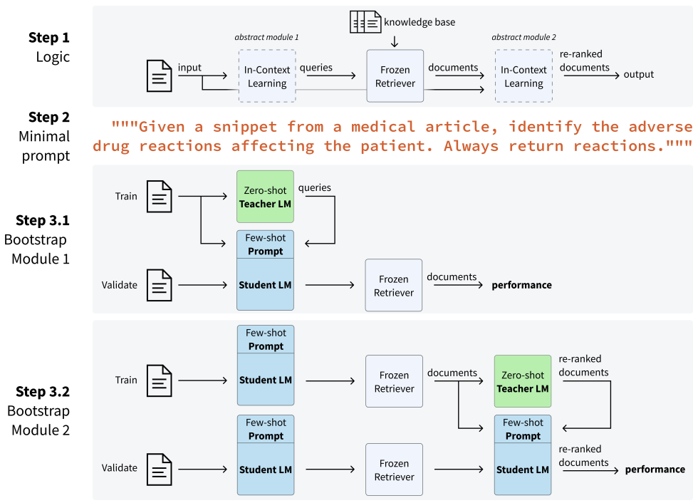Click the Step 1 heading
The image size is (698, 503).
[x=49, y=37]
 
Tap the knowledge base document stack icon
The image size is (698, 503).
[x=365, y=22]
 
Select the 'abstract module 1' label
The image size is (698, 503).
[x=266, y=37]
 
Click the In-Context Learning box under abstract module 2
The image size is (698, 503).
[x=523, y=76]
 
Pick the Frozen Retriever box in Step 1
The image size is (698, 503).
[x=395, y=76]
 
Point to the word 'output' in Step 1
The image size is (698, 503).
[x=638, y=74]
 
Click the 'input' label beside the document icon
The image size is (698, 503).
[x=189, y=68]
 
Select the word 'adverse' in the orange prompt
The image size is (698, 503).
[x=660, y=127]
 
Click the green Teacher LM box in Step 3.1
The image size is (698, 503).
[x=265, y=197]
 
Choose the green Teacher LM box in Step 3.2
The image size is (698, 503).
[x=523, y=382]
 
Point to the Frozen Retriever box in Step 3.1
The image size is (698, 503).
[x=394, y=286]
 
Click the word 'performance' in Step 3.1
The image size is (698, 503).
[x=521, y=285]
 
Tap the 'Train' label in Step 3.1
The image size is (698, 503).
[x=126, y=196]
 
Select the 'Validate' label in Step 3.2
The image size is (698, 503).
[x=120, y=468]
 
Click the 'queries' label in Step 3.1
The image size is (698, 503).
[x=314, y=187]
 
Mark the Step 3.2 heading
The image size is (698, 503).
[x=43, y=391]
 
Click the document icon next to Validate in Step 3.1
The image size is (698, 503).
[x=160, y=286]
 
